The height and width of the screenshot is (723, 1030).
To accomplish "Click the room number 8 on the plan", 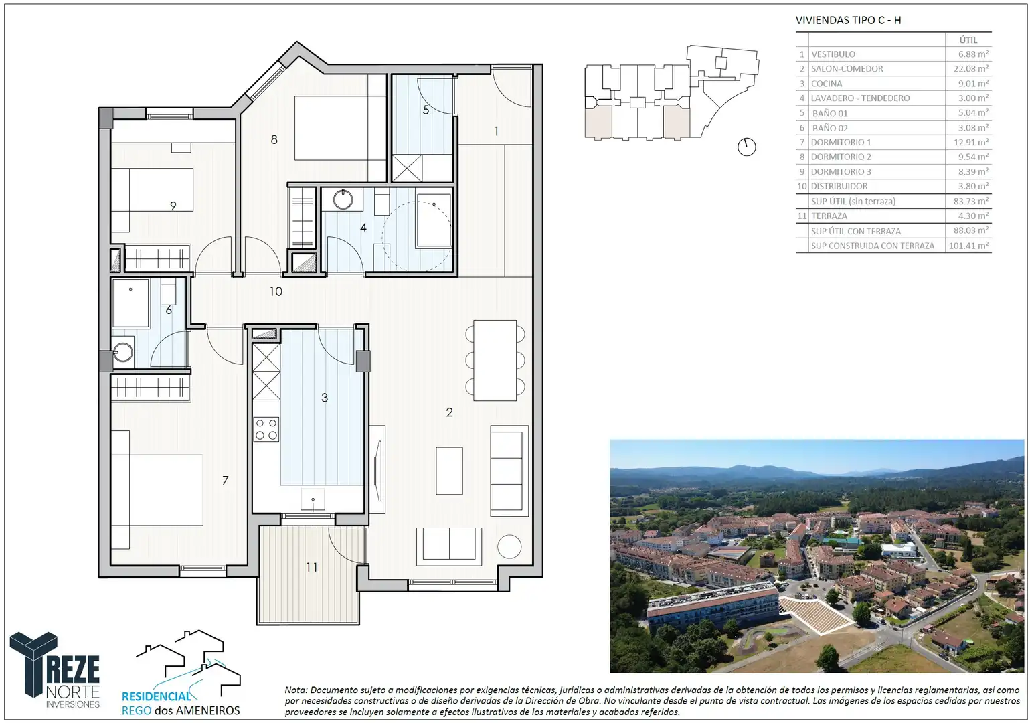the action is [x=274, y=139].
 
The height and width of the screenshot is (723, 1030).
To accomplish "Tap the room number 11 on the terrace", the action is [x=312, y=567].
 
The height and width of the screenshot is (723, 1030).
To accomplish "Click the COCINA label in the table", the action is [x=827, y=84].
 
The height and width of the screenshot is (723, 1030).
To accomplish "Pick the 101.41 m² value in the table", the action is [x=968, y=246].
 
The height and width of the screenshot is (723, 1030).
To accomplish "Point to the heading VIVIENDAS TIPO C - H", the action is [x=849, y=20].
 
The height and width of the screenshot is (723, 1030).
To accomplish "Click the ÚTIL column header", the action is [x=968, y=40].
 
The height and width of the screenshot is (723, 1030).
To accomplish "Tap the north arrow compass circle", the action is [x=747, y=147].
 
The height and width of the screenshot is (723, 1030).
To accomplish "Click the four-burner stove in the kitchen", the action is [x=266, y=429].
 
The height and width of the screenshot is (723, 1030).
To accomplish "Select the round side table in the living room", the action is [x=509, y=546].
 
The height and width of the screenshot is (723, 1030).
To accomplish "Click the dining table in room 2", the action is [x=495, y=360].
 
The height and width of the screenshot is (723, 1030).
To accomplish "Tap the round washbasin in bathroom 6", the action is [x=122, y=353].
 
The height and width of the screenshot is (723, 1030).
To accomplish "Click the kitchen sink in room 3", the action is [x=313, y=499].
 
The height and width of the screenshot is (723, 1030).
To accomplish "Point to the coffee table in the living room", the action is [x=449, y=471].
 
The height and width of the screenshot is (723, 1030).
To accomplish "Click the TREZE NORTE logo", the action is [x=55, y=670].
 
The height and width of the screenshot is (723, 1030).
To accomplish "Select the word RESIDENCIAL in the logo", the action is [x=157, y=697].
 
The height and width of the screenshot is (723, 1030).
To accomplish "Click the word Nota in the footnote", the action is [x=296, y=690].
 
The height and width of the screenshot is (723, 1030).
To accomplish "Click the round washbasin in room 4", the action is [x=343, y=199].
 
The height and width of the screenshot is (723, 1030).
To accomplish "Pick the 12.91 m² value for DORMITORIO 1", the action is [x=970, y=142].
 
